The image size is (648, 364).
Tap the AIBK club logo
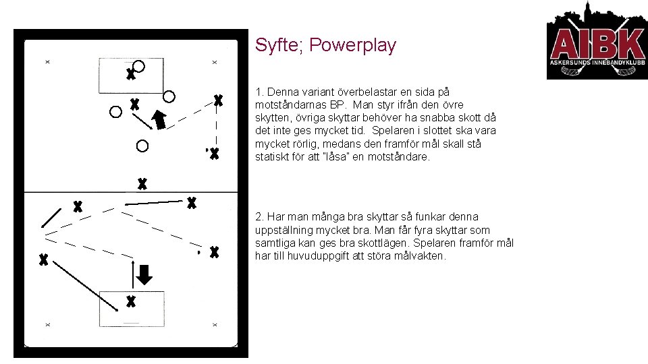coord(597,42)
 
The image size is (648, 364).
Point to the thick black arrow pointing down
coord(144,274)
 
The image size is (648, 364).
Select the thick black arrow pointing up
coord(159,119)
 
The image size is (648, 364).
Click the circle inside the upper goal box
coord(138,66)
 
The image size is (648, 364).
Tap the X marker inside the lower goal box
coord(131,301)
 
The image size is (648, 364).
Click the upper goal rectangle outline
coord(131,92)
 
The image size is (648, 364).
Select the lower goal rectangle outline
coord(131,292)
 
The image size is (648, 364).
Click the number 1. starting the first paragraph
coord(259,91)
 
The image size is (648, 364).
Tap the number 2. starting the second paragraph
coord(260,217)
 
